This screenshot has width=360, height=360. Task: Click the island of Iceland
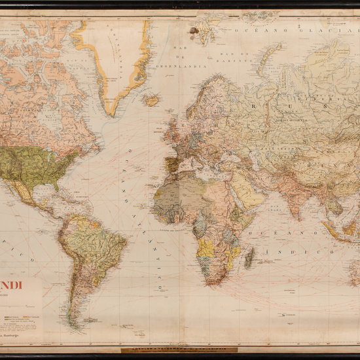(x=152, y=100)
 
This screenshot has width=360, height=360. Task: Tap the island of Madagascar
(x=249, y=257)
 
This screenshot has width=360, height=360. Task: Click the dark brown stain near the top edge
(x=195, y=30)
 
